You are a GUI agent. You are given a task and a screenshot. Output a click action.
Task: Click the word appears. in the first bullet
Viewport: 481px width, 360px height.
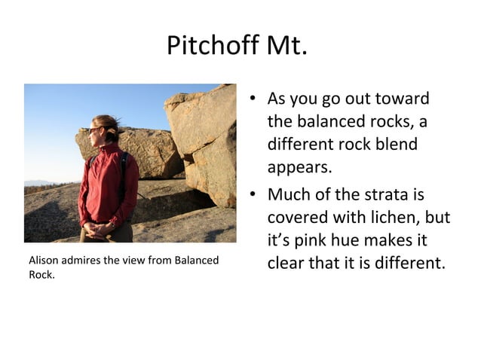pos(299,166)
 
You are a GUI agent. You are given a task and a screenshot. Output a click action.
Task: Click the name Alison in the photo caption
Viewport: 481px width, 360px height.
pos(42,261)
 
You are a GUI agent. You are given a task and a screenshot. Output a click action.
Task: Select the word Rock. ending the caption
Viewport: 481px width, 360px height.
pos(41,274)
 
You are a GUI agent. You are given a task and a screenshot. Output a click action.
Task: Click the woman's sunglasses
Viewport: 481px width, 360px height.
pos(95,130)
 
